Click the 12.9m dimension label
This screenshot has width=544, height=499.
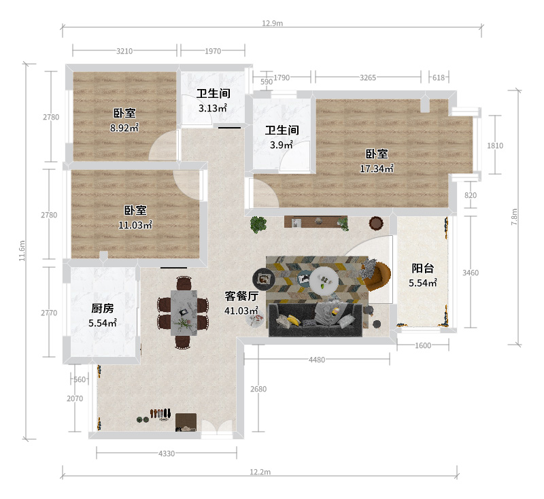273,23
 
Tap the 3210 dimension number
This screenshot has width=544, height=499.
124,51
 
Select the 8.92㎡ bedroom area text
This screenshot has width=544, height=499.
124,128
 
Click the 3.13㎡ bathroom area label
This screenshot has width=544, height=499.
213,108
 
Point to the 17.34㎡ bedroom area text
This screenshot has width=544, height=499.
377,169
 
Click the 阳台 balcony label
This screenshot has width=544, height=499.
422,268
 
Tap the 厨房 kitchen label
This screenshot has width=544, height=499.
103,308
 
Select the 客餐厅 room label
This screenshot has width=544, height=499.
241,296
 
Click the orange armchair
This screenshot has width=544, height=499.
377,276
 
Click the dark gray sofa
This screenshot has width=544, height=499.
316,320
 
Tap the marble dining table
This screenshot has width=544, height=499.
184,313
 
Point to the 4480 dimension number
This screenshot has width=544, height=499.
317,360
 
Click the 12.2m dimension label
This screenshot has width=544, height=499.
260,472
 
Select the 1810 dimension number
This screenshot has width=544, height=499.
495,145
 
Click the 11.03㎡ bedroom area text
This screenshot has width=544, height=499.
135,225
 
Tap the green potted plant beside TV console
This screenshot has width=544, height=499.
258,225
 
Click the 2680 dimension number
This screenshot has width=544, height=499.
258,389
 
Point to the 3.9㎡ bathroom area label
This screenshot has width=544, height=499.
281,145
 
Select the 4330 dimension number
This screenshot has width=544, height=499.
167,453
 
